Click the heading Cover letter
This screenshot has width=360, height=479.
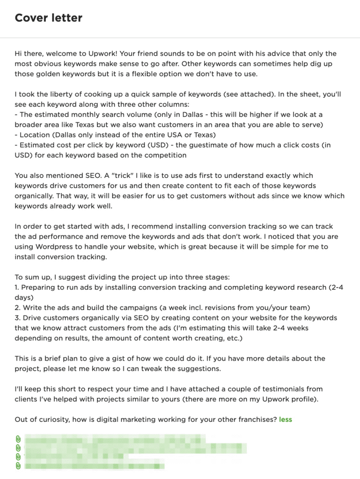point(48,18)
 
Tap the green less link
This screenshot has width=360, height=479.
point(286,419)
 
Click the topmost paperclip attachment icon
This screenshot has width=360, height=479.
point(18,439)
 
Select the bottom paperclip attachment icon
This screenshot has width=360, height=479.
point(18,465)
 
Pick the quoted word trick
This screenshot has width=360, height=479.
point(127,175)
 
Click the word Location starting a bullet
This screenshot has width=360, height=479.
point(35,135)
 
